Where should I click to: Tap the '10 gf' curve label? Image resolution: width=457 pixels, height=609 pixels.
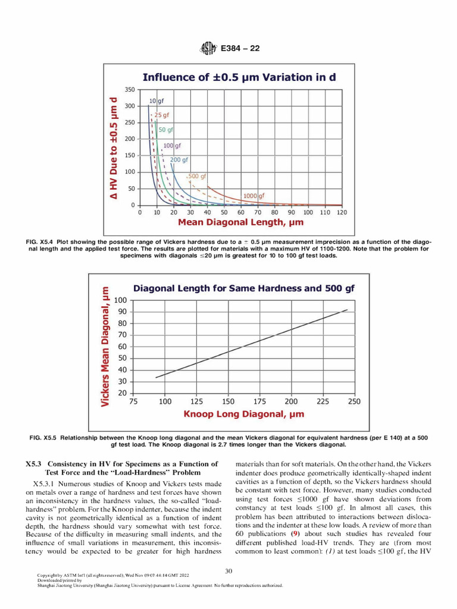coord(156,102)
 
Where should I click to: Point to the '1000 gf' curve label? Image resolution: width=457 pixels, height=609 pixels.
coord(253,195)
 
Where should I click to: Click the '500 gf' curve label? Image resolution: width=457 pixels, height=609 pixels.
coord(197,176)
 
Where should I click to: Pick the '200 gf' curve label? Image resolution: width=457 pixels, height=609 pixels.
coord(179,160)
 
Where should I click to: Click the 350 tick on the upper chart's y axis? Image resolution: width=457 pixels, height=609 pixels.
coord(129,89)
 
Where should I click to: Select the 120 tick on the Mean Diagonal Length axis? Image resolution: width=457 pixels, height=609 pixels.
coord(342,212)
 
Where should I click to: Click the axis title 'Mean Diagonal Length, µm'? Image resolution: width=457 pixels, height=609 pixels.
coord(241,223)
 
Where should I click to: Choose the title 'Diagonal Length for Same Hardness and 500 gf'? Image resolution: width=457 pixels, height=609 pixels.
coord(243,288)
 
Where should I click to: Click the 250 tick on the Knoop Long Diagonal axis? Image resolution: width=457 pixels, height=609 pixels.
coord(354,402)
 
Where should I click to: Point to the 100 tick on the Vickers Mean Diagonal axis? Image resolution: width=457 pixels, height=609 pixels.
coord(121,300)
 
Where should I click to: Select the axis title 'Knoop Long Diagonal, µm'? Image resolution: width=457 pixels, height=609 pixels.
coord(243,414)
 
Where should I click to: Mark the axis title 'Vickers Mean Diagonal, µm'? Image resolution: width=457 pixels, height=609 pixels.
coord(105,347)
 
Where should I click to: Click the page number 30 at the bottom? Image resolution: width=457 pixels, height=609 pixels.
coord(228,572)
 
